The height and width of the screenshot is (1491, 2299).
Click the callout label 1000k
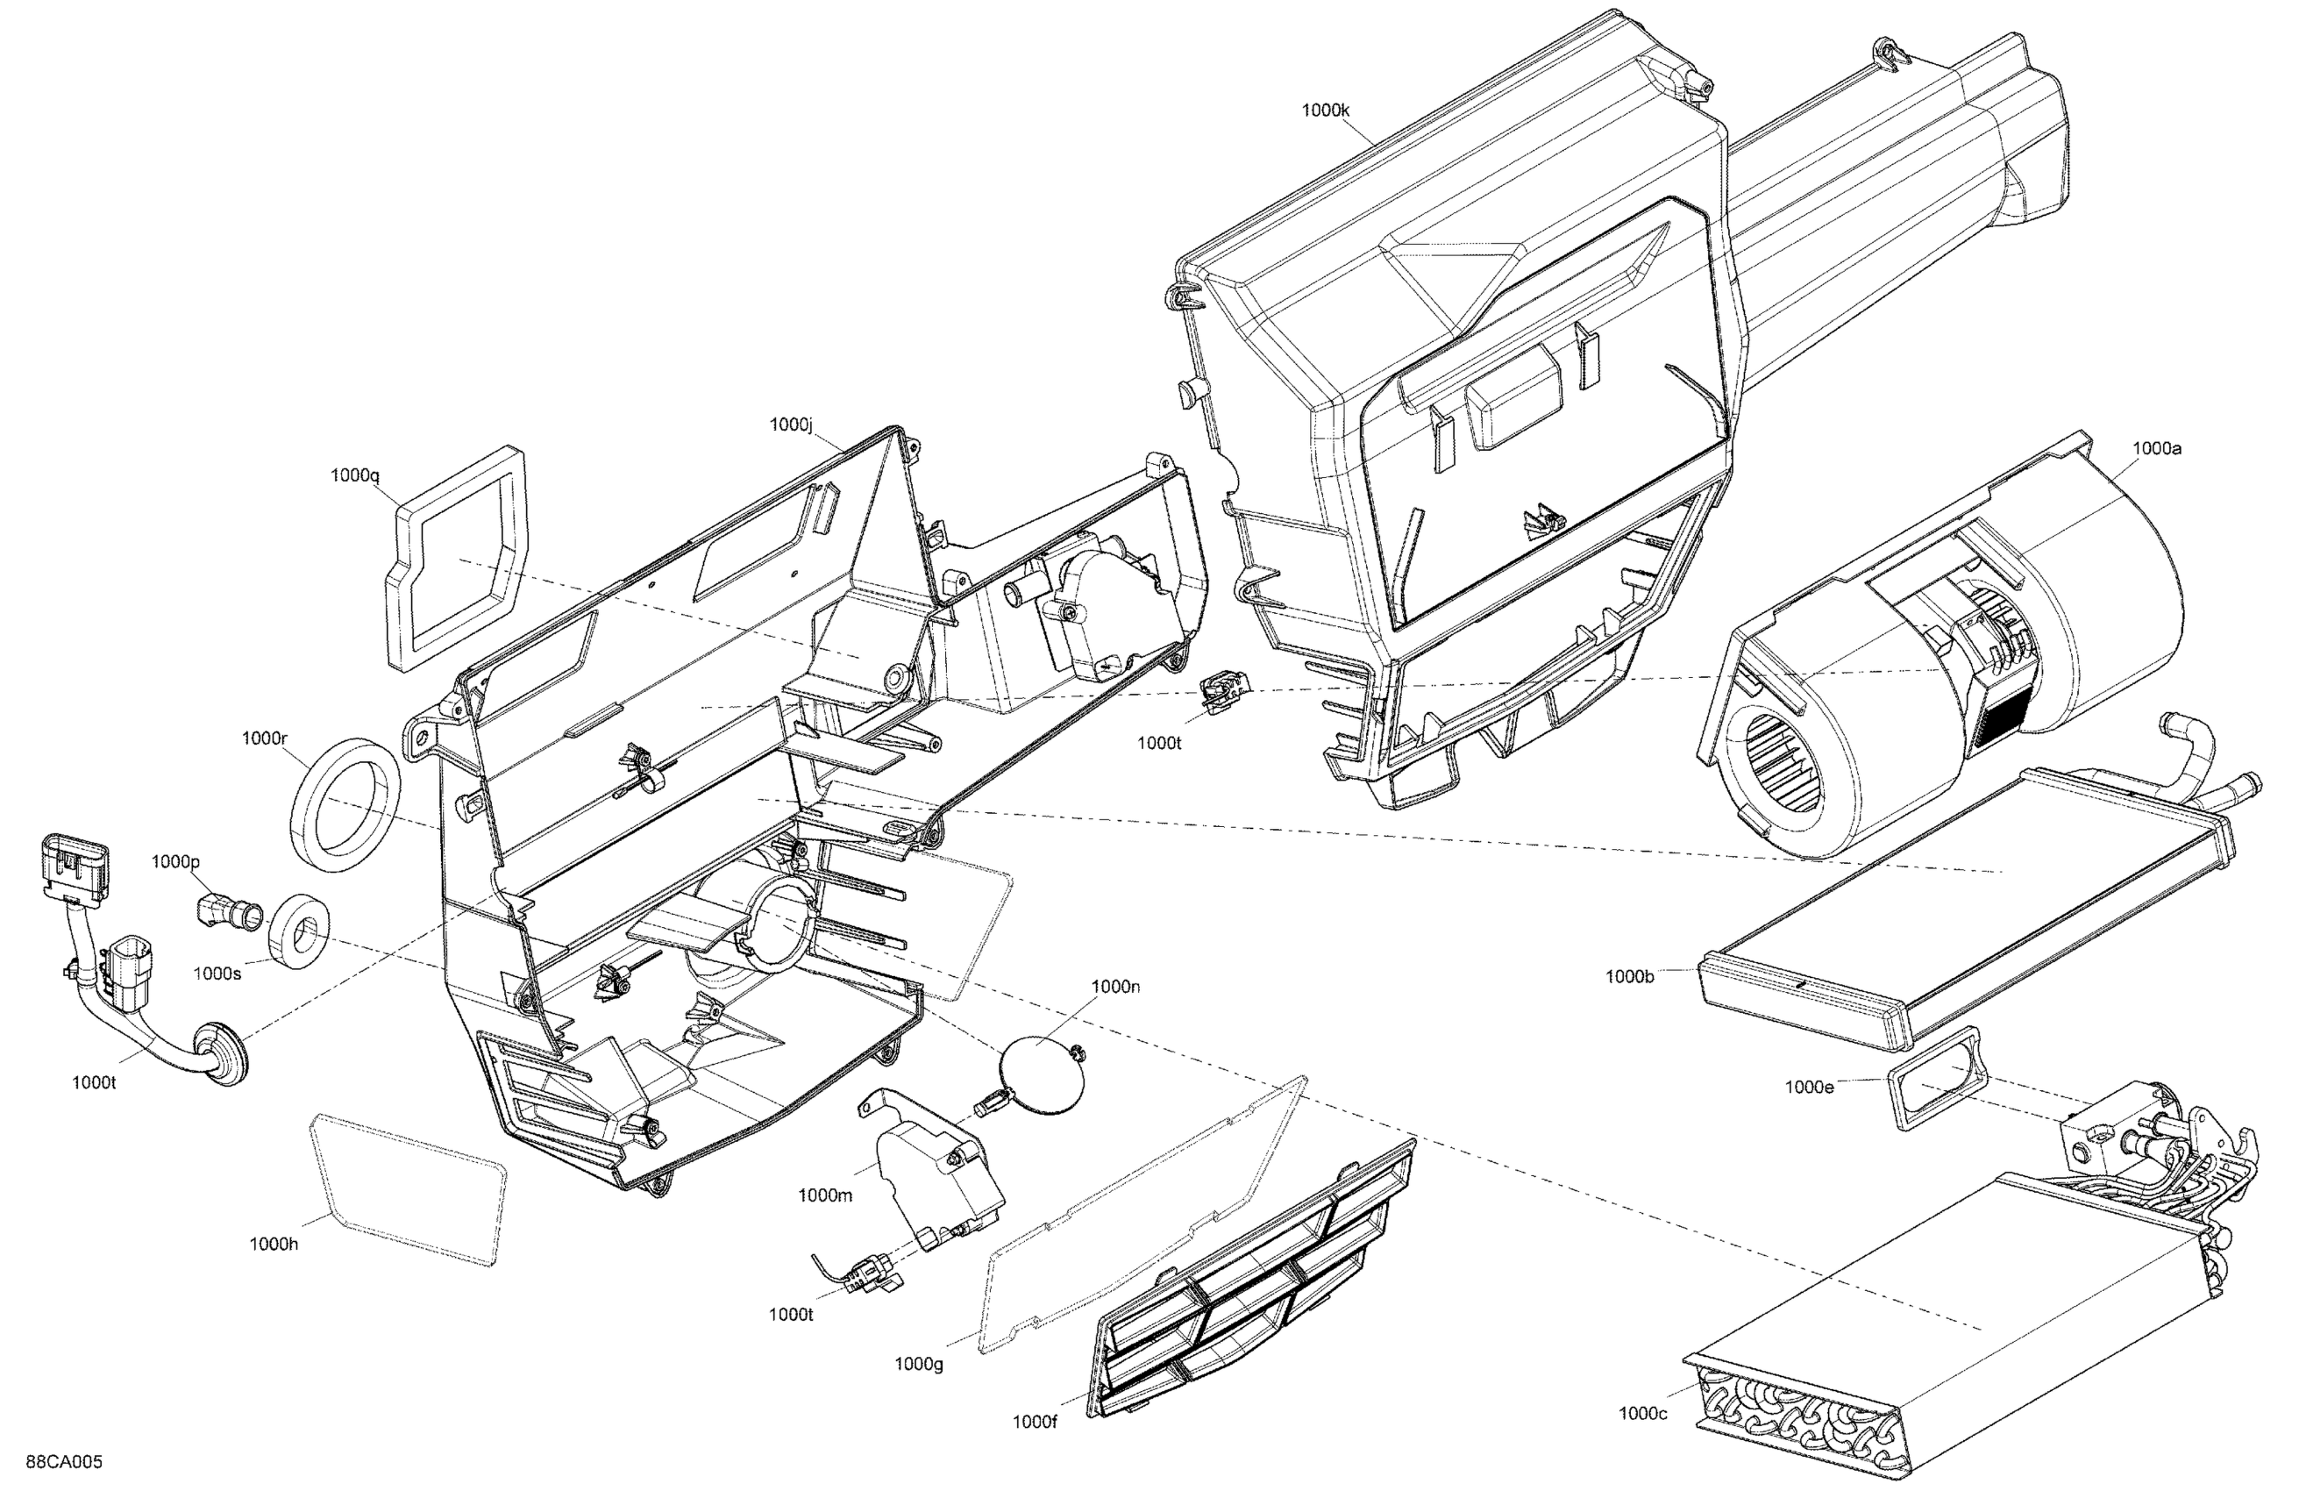[x=1324, y=111]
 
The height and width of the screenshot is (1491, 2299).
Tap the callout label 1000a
[x=2157, y=448]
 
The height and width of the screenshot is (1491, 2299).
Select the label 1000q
[x=354, y=474]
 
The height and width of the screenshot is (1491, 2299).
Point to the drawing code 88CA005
[x=64, y=1462]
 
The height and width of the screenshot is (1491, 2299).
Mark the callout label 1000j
[x=791, y=424]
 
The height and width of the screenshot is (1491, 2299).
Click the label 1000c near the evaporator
[x=1643, y=1414]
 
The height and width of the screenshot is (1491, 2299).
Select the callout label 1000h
[x=274, y=1244]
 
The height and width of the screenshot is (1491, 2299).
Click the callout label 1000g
[x=918, y=1364]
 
